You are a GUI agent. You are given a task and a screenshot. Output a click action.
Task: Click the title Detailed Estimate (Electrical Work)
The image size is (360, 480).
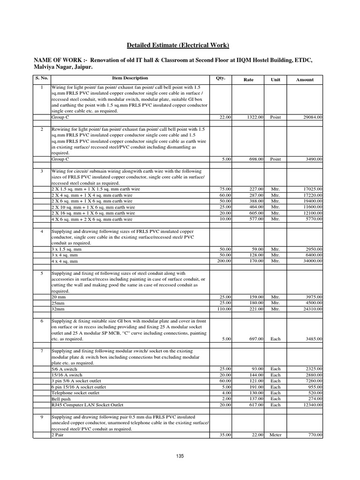pos(178,45)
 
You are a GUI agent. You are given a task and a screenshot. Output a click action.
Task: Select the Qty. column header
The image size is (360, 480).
pos(220,78)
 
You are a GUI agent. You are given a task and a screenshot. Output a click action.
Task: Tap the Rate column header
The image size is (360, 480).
pos(248,80)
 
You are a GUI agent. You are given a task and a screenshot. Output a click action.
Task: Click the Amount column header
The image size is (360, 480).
pos(305,80)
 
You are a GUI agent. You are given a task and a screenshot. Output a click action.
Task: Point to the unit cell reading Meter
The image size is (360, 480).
pos(276,435)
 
